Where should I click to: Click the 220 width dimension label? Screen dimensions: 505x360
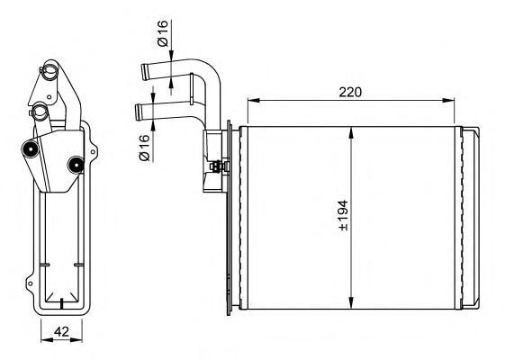[x=350, y=93]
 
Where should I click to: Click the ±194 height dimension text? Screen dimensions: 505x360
[x=343, y=215]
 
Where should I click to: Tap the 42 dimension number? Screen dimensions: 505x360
[x=61, y=331]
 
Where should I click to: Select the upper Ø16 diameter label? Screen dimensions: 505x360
[x=163, y=32]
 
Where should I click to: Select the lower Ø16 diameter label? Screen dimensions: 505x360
[x=145, y=148]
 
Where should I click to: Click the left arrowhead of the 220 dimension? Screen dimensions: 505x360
[x=253, y=101]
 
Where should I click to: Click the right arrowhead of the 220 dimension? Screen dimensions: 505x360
[x=448, y=101]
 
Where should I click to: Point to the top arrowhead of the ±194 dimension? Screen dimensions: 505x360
[x=352, y=133]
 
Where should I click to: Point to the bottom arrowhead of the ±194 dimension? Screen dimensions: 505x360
[x=352, y=302]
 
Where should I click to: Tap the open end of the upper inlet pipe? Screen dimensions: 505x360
[x=145, y=72]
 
